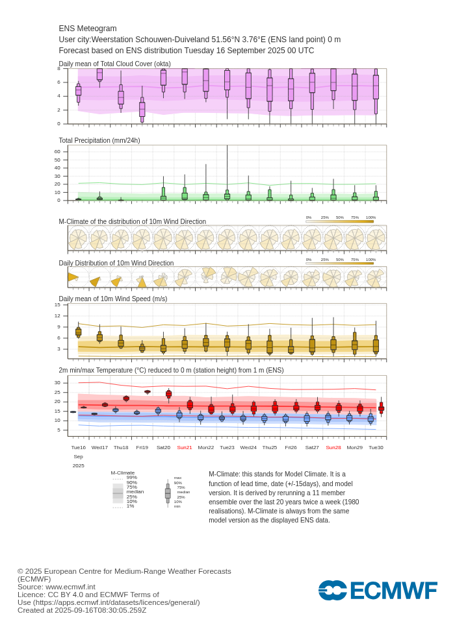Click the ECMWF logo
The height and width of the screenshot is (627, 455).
[378, 591]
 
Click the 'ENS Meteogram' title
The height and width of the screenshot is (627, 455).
[88, 29]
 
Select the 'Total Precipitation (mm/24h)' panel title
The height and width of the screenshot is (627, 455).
[99, 140]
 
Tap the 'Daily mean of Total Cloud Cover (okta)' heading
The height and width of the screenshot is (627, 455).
[115, 64]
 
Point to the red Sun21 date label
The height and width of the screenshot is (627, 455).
[185, 447]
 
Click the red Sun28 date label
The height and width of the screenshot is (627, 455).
[333, 447]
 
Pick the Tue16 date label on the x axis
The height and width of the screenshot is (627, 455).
[78, 447]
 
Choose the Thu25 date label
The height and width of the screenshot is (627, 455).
[270, 447]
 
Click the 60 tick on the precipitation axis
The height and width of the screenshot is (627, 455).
[57, 152]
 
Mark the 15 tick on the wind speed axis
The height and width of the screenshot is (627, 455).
[57, 304]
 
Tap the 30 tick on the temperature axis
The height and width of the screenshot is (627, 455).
[57, 382]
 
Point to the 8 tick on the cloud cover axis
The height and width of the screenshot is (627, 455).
[58, 69]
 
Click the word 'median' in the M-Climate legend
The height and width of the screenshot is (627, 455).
[135, 492]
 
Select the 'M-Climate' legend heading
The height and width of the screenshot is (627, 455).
[123, 473]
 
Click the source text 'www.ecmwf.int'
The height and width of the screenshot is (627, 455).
[70, 587]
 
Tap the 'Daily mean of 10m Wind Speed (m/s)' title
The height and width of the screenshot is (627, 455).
[113, 299]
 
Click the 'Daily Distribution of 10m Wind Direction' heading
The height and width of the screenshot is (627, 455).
[116, 263]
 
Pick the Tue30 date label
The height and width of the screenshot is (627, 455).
[376, 447]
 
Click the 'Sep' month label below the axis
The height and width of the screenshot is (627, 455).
[78, 456]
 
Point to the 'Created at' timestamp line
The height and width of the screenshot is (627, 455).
[82, 610]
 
